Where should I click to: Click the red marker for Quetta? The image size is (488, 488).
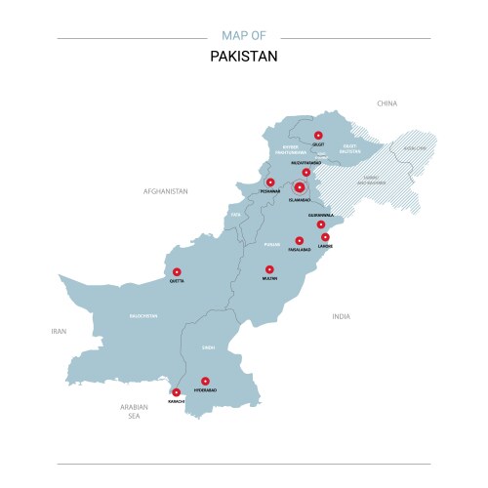point(177,272)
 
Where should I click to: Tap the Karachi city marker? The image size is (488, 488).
point(176,392)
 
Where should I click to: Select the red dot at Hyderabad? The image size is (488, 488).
point(205,382)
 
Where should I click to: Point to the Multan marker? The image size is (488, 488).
point(269,269)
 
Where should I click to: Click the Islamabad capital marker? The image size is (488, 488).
point(299,185)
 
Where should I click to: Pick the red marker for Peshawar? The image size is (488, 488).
point(270,182)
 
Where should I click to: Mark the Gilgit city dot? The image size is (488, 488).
point(318,136)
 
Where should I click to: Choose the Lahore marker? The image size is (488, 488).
point(326,237)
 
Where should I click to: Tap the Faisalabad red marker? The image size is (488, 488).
point(300,240)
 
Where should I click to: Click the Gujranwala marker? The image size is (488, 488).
point(320,224)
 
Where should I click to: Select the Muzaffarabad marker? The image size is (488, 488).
point(305,173)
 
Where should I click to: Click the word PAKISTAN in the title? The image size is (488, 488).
point(244,56)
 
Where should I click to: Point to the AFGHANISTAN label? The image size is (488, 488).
point(165,191)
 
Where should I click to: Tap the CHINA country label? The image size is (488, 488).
point(387,102)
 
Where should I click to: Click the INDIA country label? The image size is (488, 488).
point(341,316)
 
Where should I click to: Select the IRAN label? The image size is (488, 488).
point(59,332)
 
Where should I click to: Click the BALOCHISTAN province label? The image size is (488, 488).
point(143,316)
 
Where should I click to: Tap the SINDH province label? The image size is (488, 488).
point(209,346)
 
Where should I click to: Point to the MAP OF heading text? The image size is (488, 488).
point(244,36)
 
